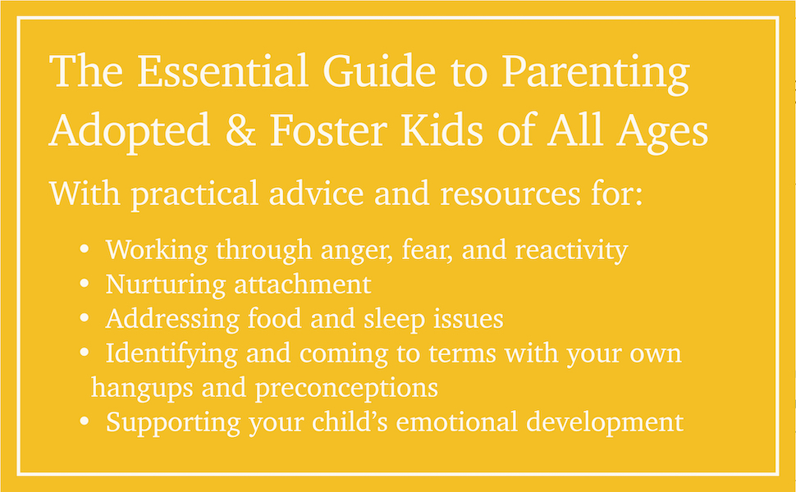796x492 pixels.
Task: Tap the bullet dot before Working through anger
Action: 85,250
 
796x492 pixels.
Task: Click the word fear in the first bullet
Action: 426,249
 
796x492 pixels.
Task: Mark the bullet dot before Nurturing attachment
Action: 85,285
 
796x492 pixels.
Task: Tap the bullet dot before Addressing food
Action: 85,319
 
